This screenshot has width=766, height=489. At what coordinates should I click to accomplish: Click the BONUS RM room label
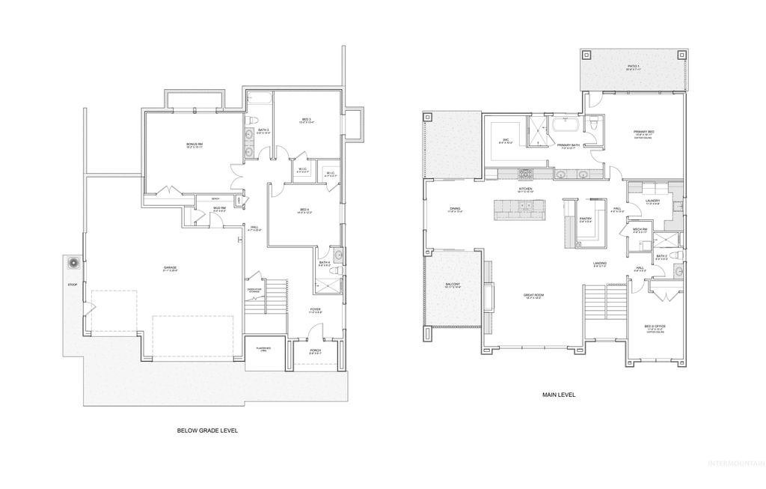click(x=195, y=145)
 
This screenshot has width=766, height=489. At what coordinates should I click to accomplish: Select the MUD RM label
click(x=219, y=208)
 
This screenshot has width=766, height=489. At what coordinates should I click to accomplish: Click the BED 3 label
click(x=307, y=120)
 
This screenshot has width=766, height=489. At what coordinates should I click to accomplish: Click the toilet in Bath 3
click(x=253, y=121)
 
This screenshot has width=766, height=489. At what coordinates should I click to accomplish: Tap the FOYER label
click(x=315, y=309)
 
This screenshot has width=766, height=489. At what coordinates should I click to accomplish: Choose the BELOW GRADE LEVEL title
click(x=206, y=431)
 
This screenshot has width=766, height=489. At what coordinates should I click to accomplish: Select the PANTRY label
click(x=586, y=219)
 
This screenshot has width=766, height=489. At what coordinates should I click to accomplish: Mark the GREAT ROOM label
click(x=533, y=296)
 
